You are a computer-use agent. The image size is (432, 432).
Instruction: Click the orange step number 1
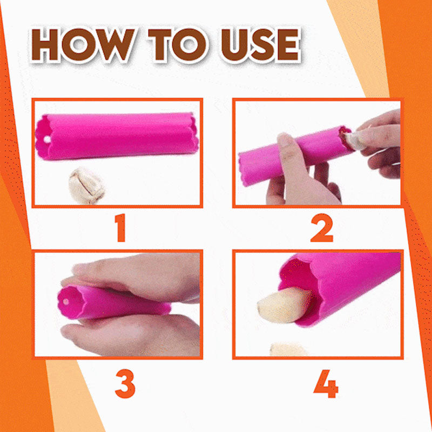(x=120, y=228)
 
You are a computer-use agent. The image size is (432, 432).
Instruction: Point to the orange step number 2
(x=322, y=228)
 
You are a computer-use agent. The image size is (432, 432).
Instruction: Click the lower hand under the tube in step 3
(x=130, y=335)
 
